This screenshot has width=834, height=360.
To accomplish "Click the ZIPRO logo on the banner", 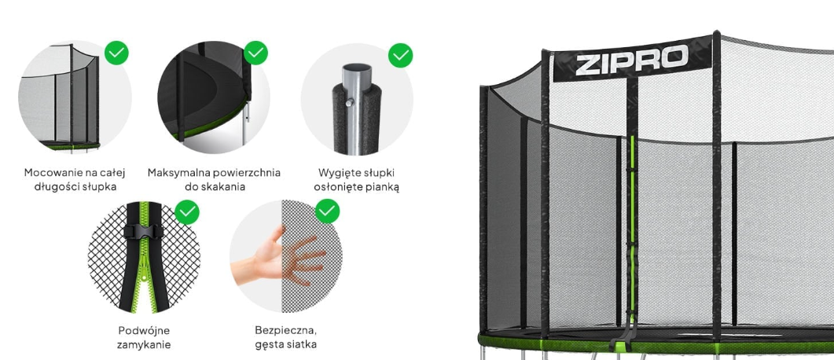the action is coord(632,59).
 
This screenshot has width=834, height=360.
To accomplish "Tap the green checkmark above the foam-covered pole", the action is coord(401,55).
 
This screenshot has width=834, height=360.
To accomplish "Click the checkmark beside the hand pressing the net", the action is coord(328,211).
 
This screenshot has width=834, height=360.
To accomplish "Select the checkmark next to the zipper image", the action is coord(187,212).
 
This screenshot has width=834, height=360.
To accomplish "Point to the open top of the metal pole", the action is coord(356,69).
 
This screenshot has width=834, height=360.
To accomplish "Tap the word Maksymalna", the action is coord(178,173).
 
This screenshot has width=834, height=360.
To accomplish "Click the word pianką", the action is coord(380,186).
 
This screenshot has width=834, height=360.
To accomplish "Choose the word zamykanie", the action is coord(144,344).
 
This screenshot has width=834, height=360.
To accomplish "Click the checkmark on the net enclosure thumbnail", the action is coord(116,53).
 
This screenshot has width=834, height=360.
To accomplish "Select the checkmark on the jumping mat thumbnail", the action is coord(255,53).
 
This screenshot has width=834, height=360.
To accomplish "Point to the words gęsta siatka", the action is coord(285,344).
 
